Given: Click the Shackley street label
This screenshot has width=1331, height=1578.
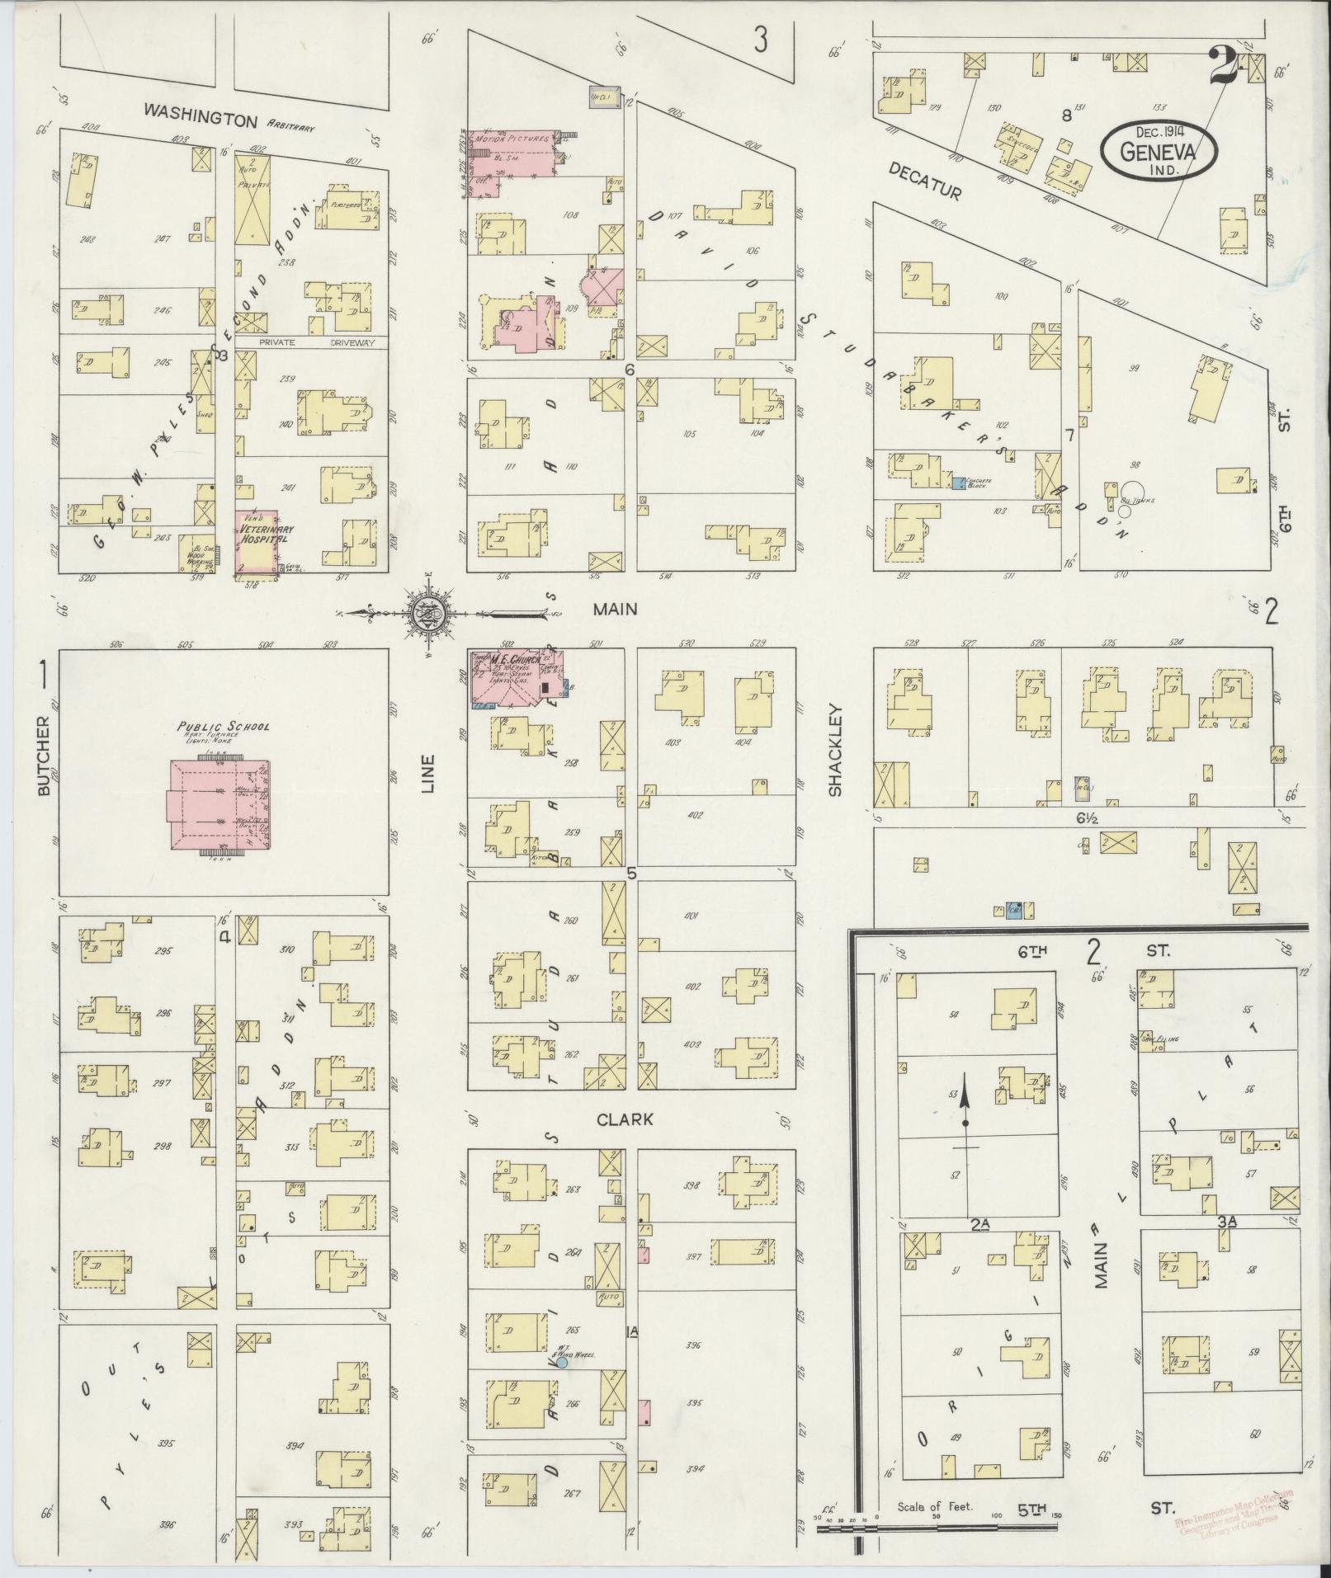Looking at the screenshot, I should tap(835, 749).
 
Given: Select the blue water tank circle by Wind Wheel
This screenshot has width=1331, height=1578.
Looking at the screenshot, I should tap(561, 1362).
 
